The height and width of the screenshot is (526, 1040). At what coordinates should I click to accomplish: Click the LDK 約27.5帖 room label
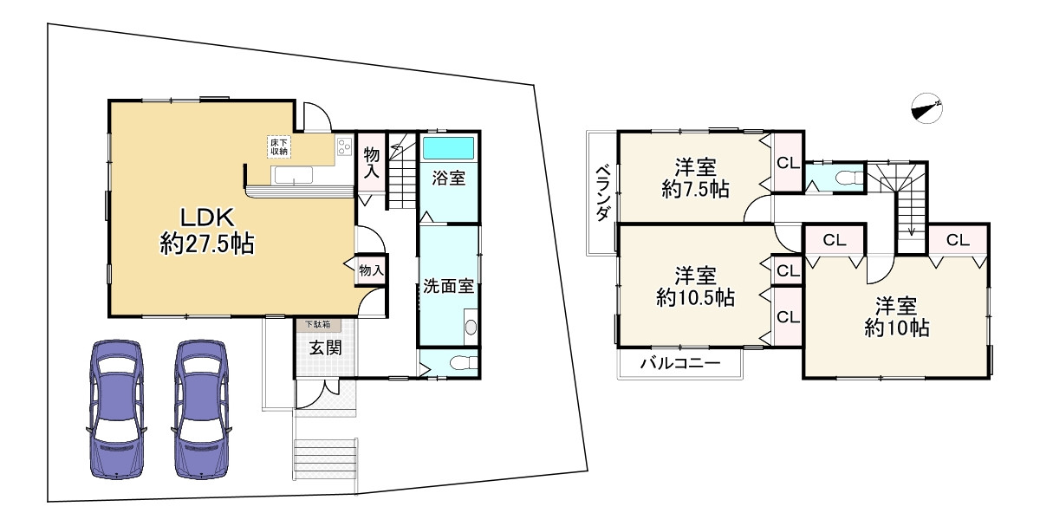(x=206, y=230)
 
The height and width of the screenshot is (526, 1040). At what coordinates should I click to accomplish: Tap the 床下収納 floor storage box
(x=278, y=146)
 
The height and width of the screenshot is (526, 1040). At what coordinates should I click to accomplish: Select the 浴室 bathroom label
(x=449, y=179)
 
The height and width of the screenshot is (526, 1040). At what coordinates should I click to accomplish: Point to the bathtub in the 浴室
(x=449, y=147)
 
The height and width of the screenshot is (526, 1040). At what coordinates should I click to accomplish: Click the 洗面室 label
(x=447, y=286)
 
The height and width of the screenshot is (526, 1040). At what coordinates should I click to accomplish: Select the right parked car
(x=200, y=407)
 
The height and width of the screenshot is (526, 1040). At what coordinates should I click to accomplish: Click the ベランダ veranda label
(x=601, y=193)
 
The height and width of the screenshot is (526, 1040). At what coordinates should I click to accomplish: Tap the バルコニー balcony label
(x=679, y=364)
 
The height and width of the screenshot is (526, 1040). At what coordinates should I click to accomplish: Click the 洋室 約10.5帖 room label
(x=694, y=287)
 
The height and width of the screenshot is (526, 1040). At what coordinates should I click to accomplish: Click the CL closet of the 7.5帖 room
(x=787, y=162)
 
